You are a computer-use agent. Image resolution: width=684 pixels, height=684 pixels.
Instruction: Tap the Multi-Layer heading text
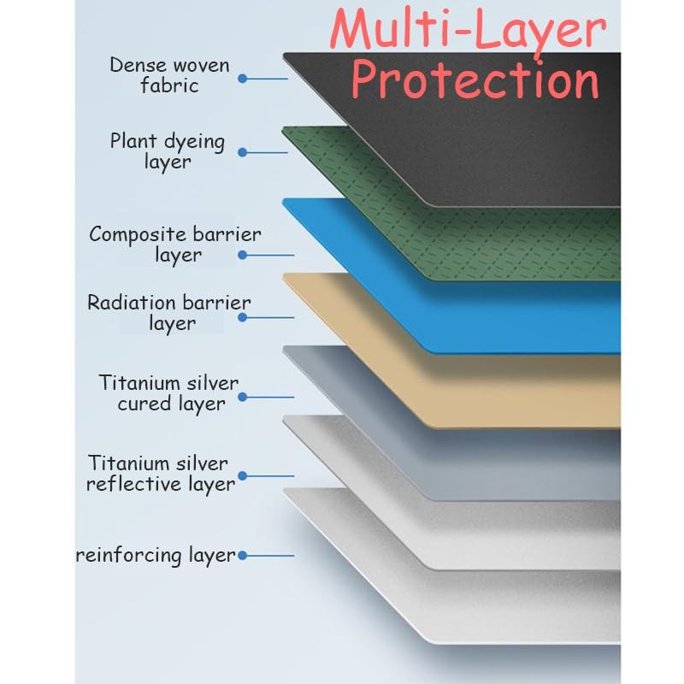tap(469, 29)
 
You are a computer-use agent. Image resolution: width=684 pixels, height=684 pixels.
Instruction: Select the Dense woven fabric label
tap(169, 75)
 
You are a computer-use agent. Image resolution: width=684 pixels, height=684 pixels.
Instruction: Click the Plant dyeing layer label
tap(168, 151)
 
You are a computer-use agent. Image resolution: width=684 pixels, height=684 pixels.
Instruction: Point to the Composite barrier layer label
tap(175, 245)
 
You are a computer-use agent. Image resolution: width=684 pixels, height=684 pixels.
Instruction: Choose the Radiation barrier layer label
tap(169, 313)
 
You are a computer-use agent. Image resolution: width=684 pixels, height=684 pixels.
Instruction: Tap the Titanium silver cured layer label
tap(168, 393)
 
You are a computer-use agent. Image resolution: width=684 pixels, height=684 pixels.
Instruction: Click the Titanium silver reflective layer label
tap(161, 475)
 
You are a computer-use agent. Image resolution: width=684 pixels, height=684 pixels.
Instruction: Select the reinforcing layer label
tap(156, 556)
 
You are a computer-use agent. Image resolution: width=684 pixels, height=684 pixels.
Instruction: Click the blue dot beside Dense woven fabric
tap(243, 79)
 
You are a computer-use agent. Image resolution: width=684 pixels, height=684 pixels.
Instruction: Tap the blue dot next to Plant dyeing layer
tap(243, 152)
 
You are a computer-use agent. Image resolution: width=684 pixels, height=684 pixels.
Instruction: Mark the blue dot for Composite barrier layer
tap(243, 255)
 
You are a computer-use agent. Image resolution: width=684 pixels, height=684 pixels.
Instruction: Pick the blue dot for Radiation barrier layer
tap(243, 317)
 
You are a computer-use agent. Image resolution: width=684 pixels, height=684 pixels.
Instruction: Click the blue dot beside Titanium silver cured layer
tap(243, 397)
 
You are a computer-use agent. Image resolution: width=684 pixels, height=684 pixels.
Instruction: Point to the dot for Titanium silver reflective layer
tap(243, 475)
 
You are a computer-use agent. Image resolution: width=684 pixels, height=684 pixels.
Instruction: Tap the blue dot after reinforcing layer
tap(243, 555)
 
